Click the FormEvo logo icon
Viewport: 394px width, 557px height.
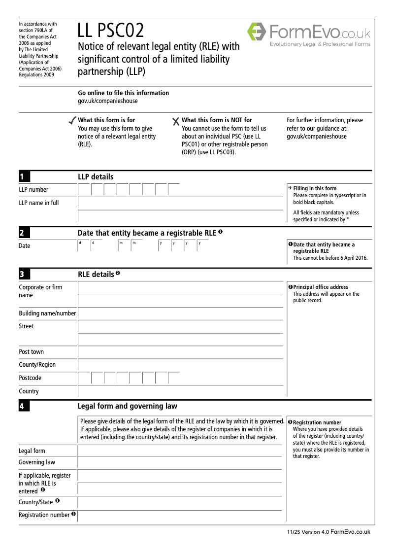[256, 33]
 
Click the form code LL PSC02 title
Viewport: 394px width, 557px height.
[111, 32]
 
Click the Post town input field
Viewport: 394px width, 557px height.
[180, 352]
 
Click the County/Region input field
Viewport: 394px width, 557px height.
[180, 365]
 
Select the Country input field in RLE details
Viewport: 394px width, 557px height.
[180, 391]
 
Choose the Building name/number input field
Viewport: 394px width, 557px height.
[180, 313]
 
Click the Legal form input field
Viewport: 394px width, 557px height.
[180, 451]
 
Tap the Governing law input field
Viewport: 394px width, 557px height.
[180, 462]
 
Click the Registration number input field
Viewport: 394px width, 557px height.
[180, 516]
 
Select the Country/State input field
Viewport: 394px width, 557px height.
[180, 502]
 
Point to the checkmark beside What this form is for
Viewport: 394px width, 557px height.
[72, 121]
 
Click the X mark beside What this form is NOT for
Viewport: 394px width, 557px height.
[176, 121]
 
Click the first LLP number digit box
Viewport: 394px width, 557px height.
[84, 190]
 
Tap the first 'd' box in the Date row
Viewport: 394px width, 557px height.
[83, 245]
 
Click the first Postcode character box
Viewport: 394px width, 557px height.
[84, 378]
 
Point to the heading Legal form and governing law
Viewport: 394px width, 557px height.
[128, 406]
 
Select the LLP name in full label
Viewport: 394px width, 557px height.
[39, 203]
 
